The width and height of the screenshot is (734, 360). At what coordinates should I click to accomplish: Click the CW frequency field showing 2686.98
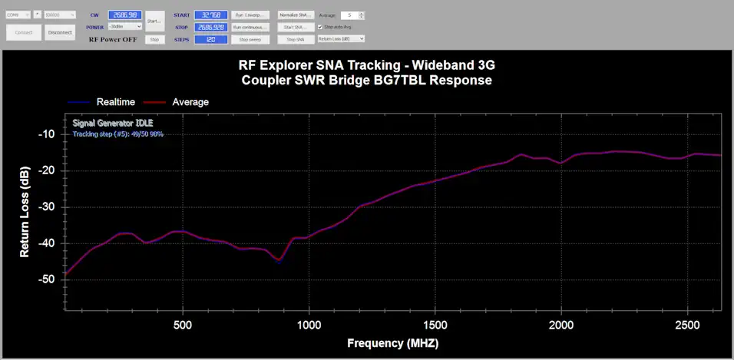124,15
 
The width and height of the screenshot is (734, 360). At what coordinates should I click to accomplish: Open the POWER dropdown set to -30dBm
124,27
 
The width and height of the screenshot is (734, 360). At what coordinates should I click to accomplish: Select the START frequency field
209,15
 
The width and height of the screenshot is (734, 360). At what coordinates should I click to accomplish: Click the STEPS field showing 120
209,39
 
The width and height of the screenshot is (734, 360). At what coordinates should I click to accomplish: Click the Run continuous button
250,27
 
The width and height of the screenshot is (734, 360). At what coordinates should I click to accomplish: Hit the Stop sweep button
250,39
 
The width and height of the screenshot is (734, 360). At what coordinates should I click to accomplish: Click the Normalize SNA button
296,15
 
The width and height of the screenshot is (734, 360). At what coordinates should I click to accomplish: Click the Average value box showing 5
349,15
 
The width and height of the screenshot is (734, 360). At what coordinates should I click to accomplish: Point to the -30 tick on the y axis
47,206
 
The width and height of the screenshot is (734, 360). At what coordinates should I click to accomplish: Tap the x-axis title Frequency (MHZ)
393,343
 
